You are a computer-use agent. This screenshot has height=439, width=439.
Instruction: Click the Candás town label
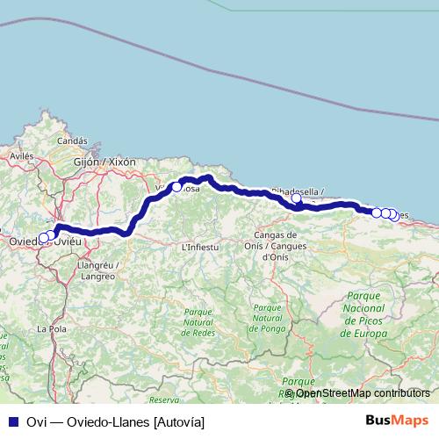(72, 140)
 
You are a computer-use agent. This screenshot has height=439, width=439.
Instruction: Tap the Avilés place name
(21, 155)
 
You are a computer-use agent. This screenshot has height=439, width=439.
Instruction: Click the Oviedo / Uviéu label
(44, 241)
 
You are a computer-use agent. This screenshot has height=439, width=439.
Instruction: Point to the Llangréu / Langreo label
(97, 270)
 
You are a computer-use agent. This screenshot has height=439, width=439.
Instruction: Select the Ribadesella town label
(298, 191)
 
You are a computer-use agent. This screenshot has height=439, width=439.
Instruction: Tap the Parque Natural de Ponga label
(267, 318)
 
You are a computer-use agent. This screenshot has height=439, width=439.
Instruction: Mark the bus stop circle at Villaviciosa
(176, 187)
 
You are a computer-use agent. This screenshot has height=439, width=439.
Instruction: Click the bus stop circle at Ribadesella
(296, 199)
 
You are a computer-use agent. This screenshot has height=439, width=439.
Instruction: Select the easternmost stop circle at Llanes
(392, 214)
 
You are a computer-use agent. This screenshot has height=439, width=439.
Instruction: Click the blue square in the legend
(13, 422)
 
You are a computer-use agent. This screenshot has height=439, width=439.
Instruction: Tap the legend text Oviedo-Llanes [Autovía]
(140, 422)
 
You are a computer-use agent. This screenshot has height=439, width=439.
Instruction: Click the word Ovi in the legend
(36, 422)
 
